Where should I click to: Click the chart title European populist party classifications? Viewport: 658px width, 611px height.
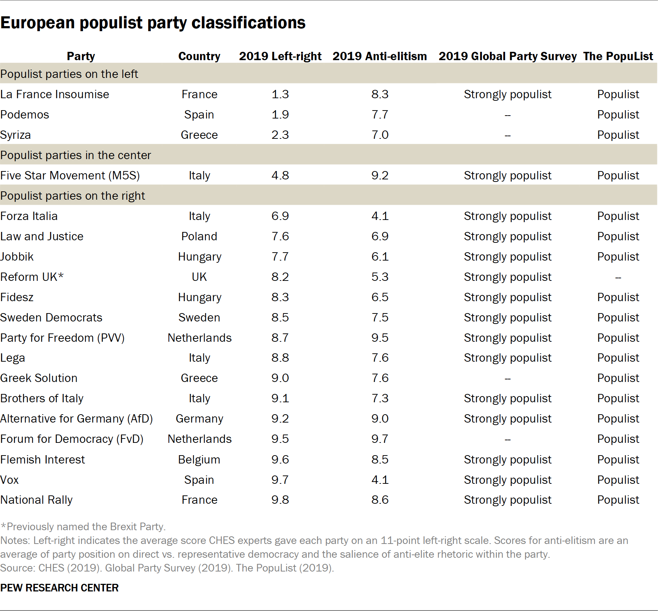click(153, 23)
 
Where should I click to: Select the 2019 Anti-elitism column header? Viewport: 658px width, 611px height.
click(379, 56)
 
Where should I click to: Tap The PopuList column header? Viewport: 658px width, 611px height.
click(618, 56)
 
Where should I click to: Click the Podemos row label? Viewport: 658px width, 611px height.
click(25, 115)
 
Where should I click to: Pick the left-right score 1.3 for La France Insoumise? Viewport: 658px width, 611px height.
click(280, 94)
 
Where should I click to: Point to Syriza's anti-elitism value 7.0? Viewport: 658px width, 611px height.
click(380, 135)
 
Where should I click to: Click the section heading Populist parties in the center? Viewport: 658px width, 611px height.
click(75, 155)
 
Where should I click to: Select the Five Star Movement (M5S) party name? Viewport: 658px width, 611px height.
click(70, 175)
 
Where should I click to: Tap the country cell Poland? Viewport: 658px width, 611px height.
click(199, 236)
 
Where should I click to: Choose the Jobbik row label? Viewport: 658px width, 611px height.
click(17, 257)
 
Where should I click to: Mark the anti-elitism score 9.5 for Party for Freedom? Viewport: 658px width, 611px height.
click(380, 338)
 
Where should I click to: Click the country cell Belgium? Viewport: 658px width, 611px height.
click(199, 460)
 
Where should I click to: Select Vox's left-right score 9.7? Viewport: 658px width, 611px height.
click(280, 480)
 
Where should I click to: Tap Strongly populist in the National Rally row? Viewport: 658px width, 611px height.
click(507, 500)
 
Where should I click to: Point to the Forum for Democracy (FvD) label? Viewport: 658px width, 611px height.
click(72, 439)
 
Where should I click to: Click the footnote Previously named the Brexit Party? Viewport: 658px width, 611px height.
click(83, 527)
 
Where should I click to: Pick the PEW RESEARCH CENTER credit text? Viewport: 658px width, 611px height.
click(59, 588)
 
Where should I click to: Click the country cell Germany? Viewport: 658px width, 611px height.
click(199, 419)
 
